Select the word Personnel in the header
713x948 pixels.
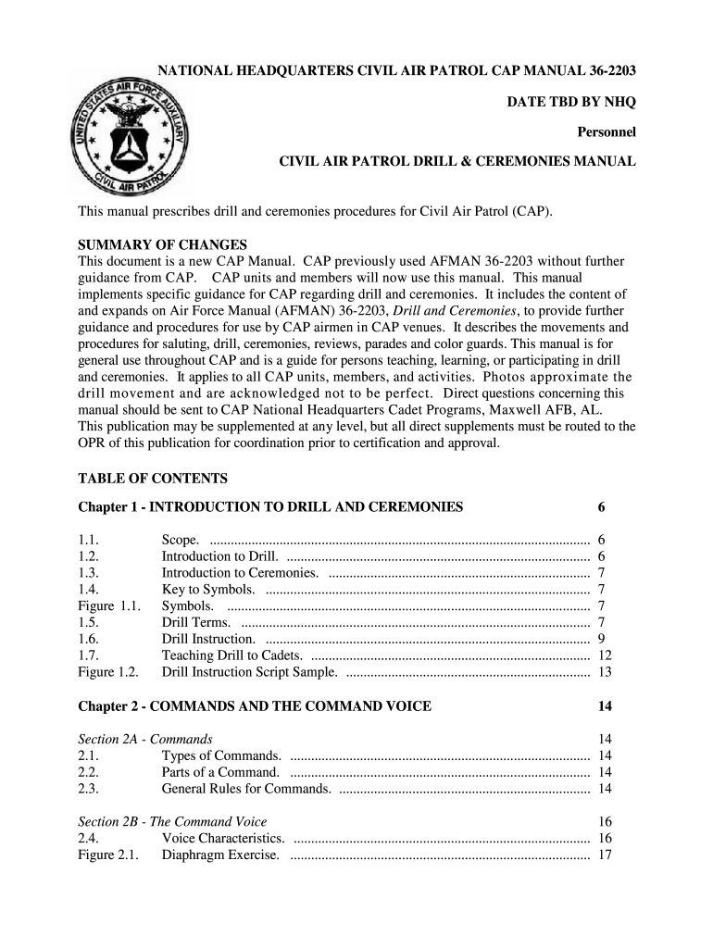click(x=607, y=131)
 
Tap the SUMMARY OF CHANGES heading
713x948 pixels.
click(x=162, y=245)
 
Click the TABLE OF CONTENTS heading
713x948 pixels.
click(x=152, y=479)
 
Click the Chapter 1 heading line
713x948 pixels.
click(x=270, y=507)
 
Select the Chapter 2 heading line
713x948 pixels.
click(x=254, y=706)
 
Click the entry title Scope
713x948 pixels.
click(x=180, y=540)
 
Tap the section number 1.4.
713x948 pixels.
click(x=89, y=590)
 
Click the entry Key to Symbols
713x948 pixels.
click(x=208, y=590)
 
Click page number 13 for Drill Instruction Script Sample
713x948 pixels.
click(x=605, y=672)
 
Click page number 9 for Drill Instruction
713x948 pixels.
click(x=602, y=639)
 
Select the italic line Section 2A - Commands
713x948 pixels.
click(x=145, y=739)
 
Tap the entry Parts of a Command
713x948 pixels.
click(x=220, y=772)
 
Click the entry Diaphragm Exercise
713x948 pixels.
click(x=220, y=854)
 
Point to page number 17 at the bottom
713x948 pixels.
click(x=605, y=854)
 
